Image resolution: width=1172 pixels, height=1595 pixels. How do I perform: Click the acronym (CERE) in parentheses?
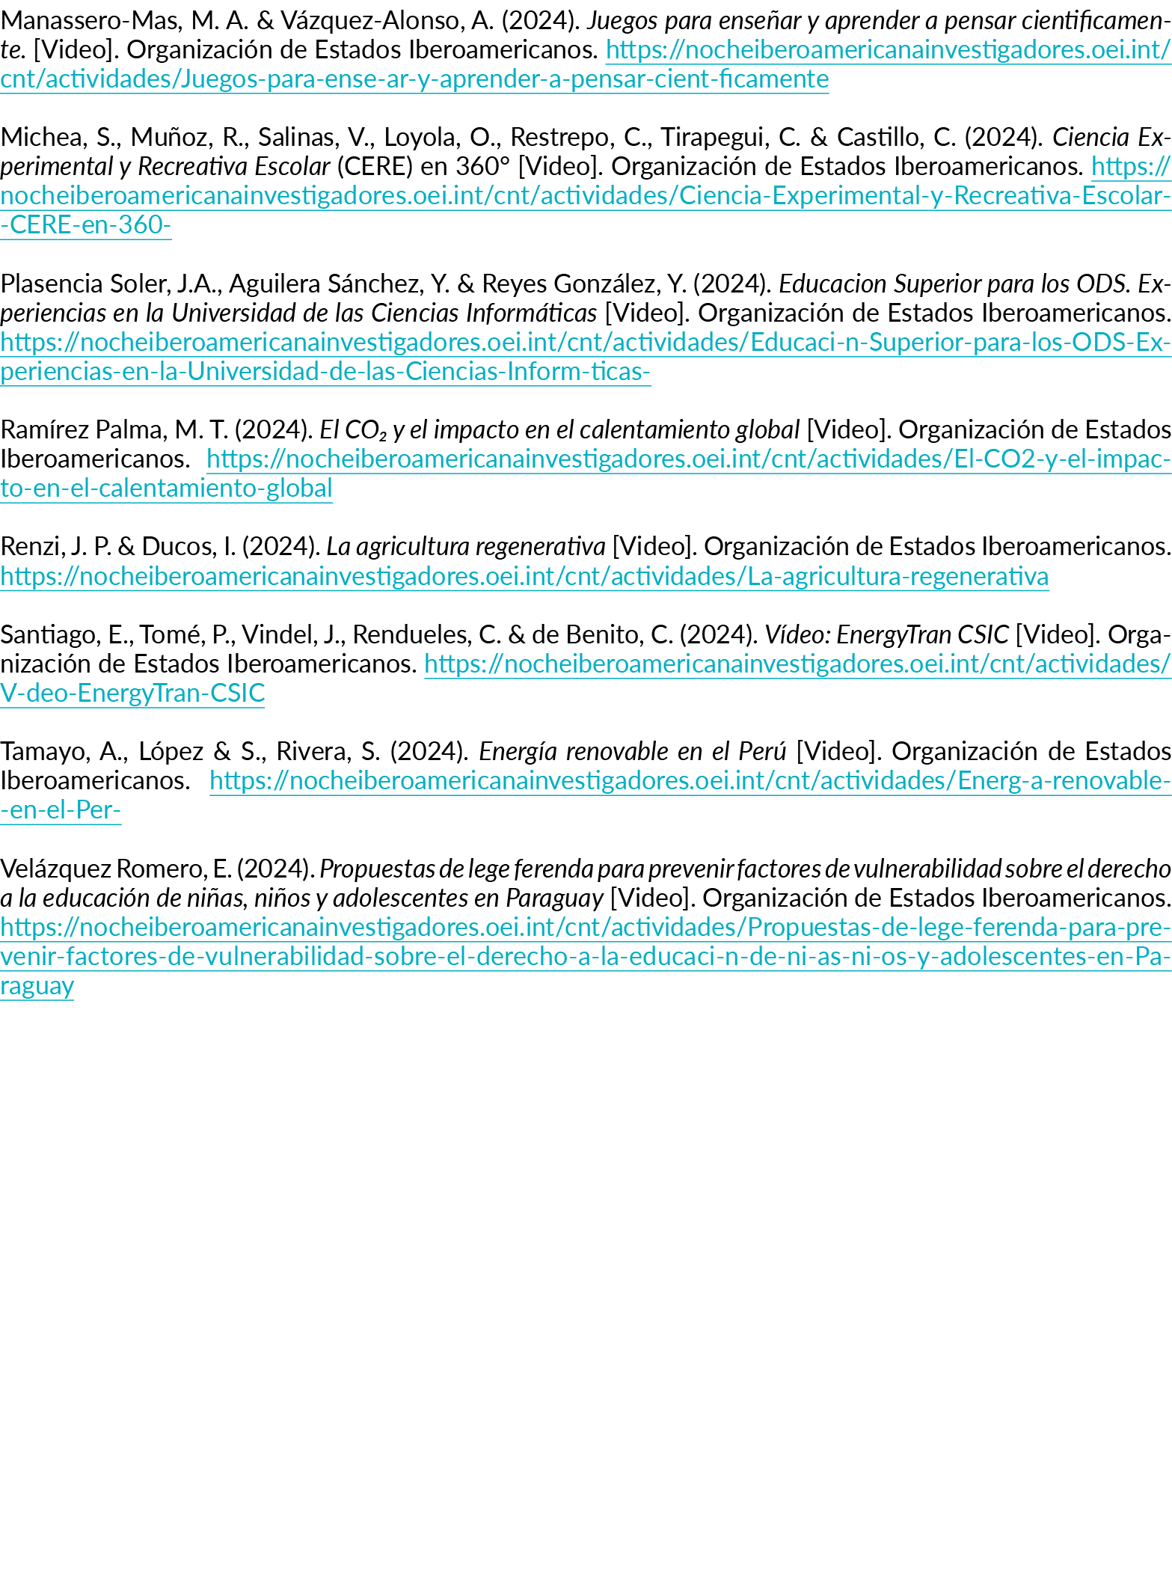pos(375,168)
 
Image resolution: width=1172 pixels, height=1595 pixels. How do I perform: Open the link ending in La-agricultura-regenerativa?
pos(524,577)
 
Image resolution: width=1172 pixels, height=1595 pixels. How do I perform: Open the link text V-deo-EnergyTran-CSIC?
pos(132,694)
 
